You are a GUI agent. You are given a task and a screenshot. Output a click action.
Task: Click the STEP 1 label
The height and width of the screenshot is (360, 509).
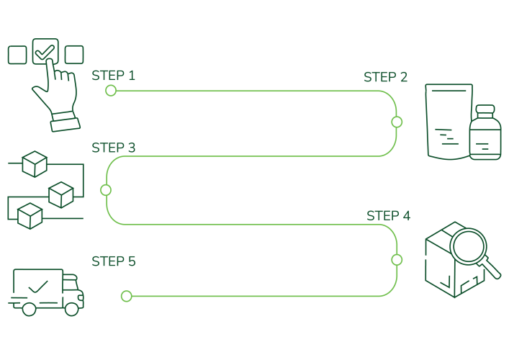click(x=113, y=76)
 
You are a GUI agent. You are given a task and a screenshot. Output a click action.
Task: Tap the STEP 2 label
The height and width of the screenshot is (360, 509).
click(x=385, y=77)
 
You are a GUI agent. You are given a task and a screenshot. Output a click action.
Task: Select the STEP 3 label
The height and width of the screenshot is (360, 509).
click(x=113, y=148)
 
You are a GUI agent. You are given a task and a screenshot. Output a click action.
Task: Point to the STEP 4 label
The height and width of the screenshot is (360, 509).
click(x=388, y=215)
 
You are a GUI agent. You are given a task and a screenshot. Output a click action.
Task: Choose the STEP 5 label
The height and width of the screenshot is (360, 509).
click(x=113, y=261)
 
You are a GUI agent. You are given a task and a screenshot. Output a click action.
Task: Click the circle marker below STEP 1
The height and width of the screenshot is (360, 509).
click(x=111, y=90)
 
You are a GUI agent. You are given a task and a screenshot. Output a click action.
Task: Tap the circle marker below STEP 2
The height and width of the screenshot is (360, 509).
click(x=397, y=122)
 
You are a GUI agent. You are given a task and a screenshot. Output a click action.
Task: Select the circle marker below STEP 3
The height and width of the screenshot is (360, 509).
click(x=106, y=190)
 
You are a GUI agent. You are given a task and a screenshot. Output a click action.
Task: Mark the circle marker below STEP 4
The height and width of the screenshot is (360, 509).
click(x=396, y=259)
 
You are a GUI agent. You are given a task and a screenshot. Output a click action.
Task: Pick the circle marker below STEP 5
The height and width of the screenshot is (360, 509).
click(x=126, y=296)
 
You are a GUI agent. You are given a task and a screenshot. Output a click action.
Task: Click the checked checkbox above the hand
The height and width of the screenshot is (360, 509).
click(x=46, y=51)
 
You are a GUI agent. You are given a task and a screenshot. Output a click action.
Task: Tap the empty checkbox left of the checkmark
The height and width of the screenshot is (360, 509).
click(x=17, y=55)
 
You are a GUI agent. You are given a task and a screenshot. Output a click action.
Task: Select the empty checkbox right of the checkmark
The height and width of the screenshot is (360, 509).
click(x=74, y=55)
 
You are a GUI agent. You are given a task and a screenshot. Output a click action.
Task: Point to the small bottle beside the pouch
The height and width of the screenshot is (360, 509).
click(x=484, y=135)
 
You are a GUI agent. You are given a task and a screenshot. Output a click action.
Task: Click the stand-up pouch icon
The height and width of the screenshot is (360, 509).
click(x=449, y=121)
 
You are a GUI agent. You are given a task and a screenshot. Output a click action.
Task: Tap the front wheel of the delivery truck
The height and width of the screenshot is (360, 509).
click(x=71, y=308)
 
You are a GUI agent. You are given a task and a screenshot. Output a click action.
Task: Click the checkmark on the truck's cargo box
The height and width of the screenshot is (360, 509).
click(x=37, y=287)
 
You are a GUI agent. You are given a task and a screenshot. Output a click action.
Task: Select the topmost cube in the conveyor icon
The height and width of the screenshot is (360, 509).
click(x=33, y=164)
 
